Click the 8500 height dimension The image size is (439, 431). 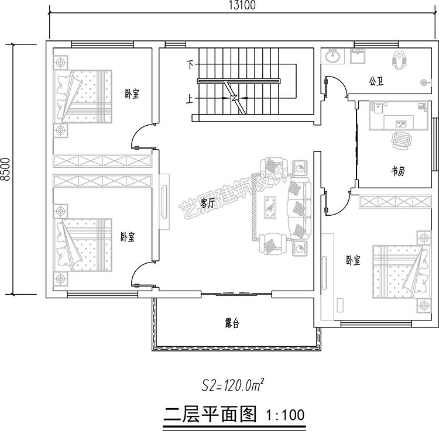5,170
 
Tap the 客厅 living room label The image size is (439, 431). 207,203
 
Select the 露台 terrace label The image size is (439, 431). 232,323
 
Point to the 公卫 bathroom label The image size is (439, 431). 376,80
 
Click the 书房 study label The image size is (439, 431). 399,171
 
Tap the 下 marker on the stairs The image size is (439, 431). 190,64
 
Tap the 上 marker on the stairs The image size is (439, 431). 190,99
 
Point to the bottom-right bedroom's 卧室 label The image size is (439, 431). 354,261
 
